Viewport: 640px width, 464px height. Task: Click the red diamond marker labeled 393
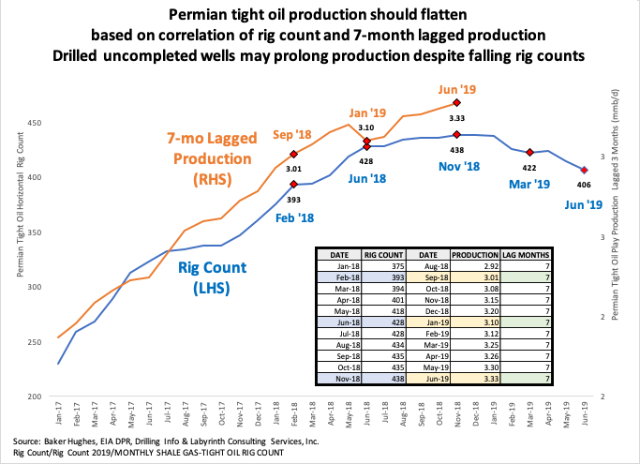[x=293, y=185]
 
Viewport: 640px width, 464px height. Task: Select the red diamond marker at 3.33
[x=456, y=102]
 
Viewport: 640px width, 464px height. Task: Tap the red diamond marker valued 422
[x=529, y=152]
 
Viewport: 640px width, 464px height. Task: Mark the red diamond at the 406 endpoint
[x=584, y=170]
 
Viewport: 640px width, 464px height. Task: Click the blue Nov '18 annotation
[x=459, y=166]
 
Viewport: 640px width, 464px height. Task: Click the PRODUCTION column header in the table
[x=473, y=253]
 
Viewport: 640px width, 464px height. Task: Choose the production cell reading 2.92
[x=473, y=265]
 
